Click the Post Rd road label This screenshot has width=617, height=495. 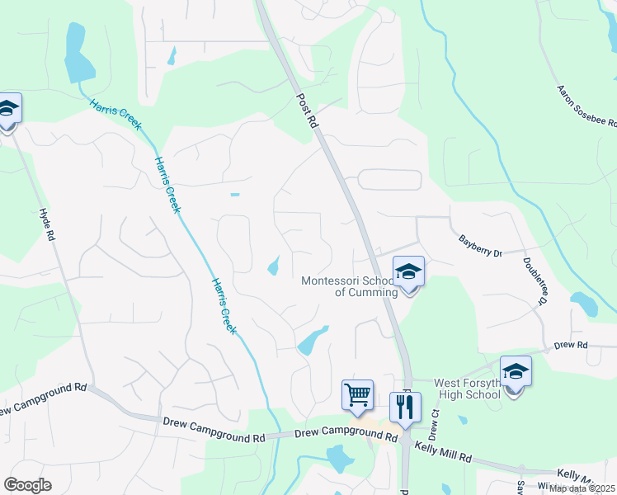tap(306, 110)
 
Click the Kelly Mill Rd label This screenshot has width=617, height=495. tap(442, 450)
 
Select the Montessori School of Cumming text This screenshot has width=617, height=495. tap(351, 286)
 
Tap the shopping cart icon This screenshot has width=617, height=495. tap(357, 394)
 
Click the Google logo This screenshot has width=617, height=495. tap(27, 485)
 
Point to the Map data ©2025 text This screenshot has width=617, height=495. tap(582, 488)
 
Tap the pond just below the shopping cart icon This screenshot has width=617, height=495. tap(338, 457)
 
